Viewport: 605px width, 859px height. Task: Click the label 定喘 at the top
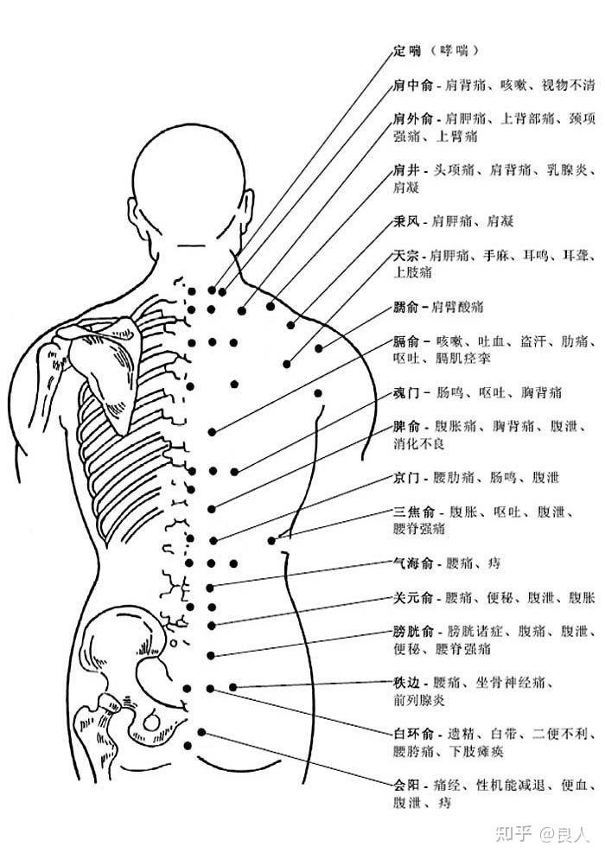pyautogui.click(x=408, y=50)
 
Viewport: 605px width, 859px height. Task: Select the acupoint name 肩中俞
pyautogui.click(x=413, y=85)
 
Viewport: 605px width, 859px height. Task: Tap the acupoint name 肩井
pyautogui.click(x=406, y=170)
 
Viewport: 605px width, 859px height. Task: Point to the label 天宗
pyautogui.click(x=406, y=255)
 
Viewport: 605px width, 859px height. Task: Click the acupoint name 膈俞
pyautogui.click(x=406, y=341)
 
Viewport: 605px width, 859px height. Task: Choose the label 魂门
pyautogui.click(x=406, y=392)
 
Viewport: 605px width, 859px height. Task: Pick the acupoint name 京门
pyautogui.click(x=406, y=478)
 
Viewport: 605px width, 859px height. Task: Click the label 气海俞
pyautogui.click(x=413, y=563)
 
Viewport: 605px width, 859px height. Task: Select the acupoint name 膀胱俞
pyautogui.click(x=413, y=631)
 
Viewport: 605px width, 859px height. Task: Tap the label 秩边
pyautogui.click(x=406, y=683)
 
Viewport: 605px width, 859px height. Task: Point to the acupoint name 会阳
pyautogui.click(x=406, y=785)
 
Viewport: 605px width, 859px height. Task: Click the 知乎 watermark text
pyautogui.click(x=514, y=834)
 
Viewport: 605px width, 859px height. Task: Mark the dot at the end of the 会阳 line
pyautogui.click(x=201, y=732)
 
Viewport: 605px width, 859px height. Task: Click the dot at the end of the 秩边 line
pyautogui.click(x=232, y=687)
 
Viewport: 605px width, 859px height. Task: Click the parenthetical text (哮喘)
pyautogui.click(x=454, y=50)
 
